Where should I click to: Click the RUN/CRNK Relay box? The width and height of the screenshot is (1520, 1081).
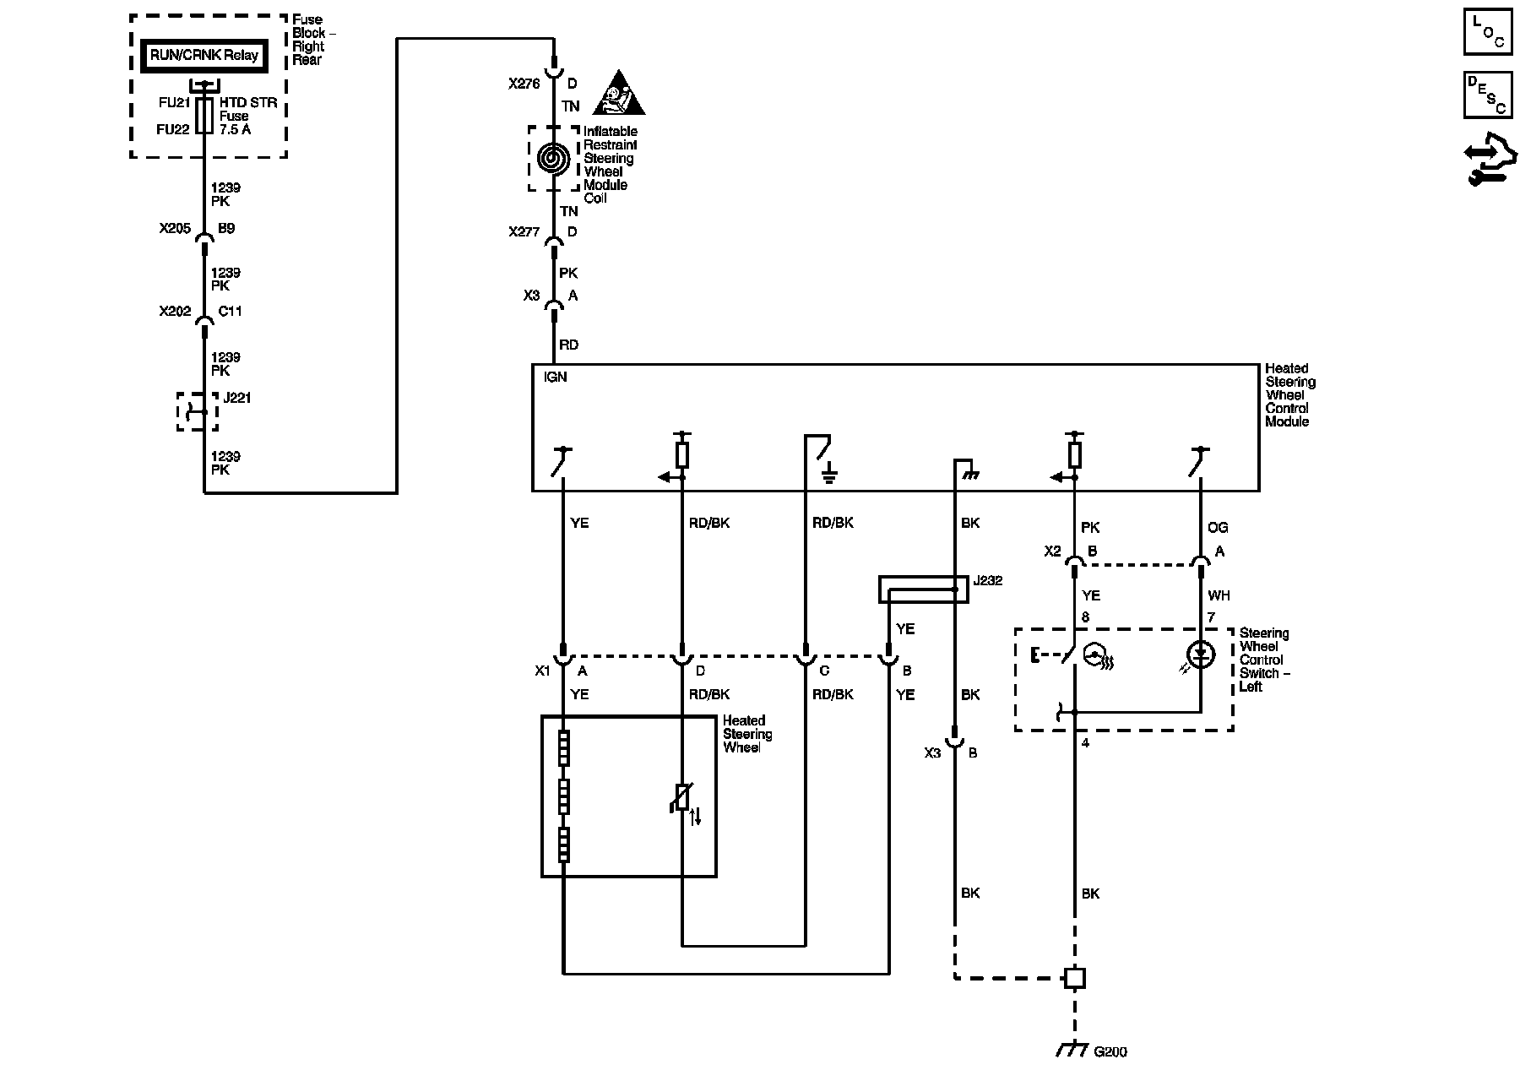(204, 56)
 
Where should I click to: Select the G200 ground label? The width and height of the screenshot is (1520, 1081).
(1110, 1052)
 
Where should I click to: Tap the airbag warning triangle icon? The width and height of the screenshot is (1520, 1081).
(618, 94)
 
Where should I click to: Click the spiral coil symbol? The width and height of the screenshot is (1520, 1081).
(553, 159)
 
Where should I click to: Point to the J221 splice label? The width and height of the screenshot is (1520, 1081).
(237, 398)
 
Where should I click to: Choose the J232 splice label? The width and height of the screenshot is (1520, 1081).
(987, 581)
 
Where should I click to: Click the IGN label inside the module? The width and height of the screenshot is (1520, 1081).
(556, 378)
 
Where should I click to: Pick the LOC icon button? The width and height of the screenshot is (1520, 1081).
(1488, 32)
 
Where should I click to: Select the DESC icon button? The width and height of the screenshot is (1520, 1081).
(1488, 95)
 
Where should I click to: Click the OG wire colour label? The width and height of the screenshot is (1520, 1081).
(1217, 528)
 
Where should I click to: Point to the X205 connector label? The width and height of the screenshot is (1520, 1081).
(175, 229)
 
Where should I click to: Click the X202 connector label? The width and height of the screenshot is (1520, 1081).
(175, 312)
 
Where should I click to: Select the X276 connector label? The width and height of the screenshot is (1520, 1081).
(524, 84)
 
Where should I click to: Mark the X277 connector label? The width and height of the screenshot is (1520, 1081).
(524, 232)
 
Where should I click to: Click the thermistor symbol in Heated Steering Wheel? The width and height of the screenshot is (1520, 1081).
(682, 798)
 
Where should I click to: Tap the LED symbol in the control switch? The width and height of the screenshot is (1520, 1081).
(1200, 655)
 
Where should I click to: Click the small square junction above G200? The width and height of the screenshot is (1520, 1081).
(1074, 978)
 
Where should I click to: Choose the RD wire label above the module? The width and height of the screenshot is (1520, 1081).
(568, 345)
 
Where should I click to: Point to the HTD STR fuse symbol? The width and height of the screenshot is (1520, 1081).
(204, 116)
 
